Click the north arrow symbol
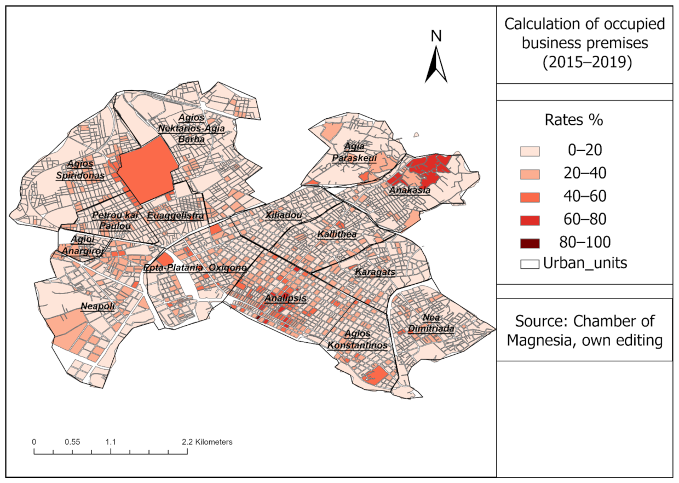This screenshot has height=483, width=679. pyautogui.click(x=436, y=65)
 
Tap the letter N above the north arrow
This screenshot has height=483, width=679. pyautogui.click(x=436, y=36)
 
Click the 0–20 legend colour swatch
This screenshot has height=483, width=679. pyautogui.click(x=528, y=151)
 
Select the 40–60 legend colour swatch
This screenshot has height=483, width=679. pyautogui.click(x=528, y=197)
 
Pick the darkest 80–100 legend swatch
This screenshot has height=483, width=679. pyautogui.click(x=528, y=242)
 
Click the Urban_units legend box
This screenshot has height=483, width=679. pyautogui.click(x=528, y=264)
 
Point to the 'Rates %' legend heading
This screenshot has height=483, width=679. pyautogui.click(x=584, y=119)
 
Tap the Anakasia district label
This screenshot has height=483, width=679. pyautogui.click(x=409, y=191)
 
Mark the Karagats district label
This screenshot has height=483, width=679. pyautogui.click(x=375, y=272)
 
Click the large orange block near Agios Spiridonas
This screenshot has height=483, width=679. pyautogui.click(x=146, y=170)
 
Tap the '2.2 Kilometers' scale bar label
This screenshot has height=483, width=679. pyautogui.click(x=207, y=441)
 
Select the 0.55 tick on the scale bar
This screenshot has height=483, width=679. pyautogui.click(x=72, y=441)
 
